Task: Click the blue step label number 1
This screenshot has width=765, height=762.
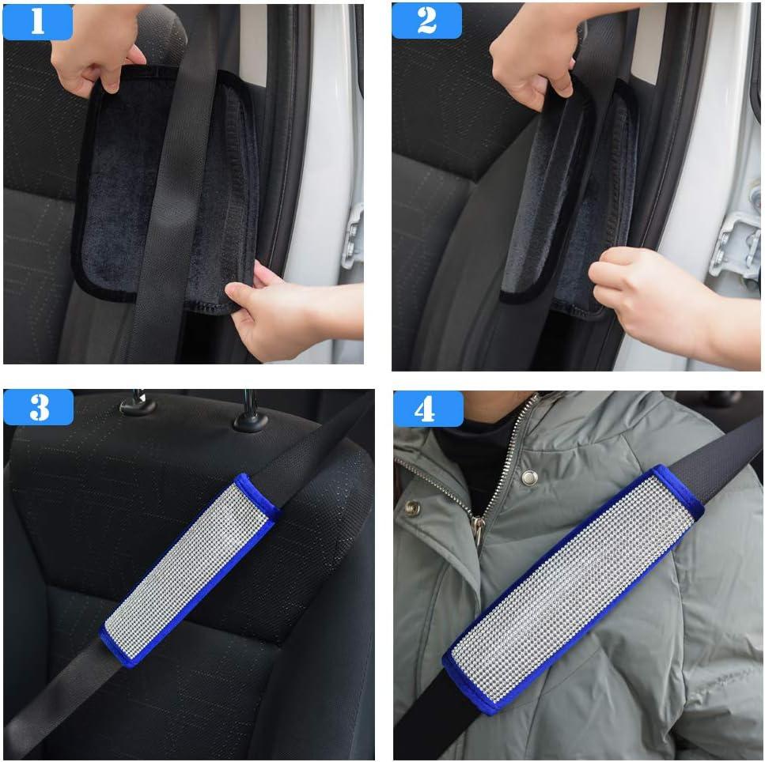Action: [x=37, y=21]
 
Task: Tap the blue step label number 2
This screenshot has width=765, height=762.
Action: [x=426, y=21]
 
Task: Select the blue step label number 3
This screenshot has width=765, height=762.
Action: [x=39, y=407]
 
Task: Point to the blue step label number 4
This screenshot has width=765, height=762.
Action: [x=428, y=409]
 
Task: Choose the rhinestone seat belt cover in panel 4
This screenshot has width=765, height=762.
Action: [x=574, y=590]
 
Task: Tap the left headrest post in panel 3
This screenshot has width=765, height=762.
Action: [x=139, y=402]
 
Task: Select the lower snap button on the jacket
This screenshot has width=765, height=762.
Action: [x=412, y=508]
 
